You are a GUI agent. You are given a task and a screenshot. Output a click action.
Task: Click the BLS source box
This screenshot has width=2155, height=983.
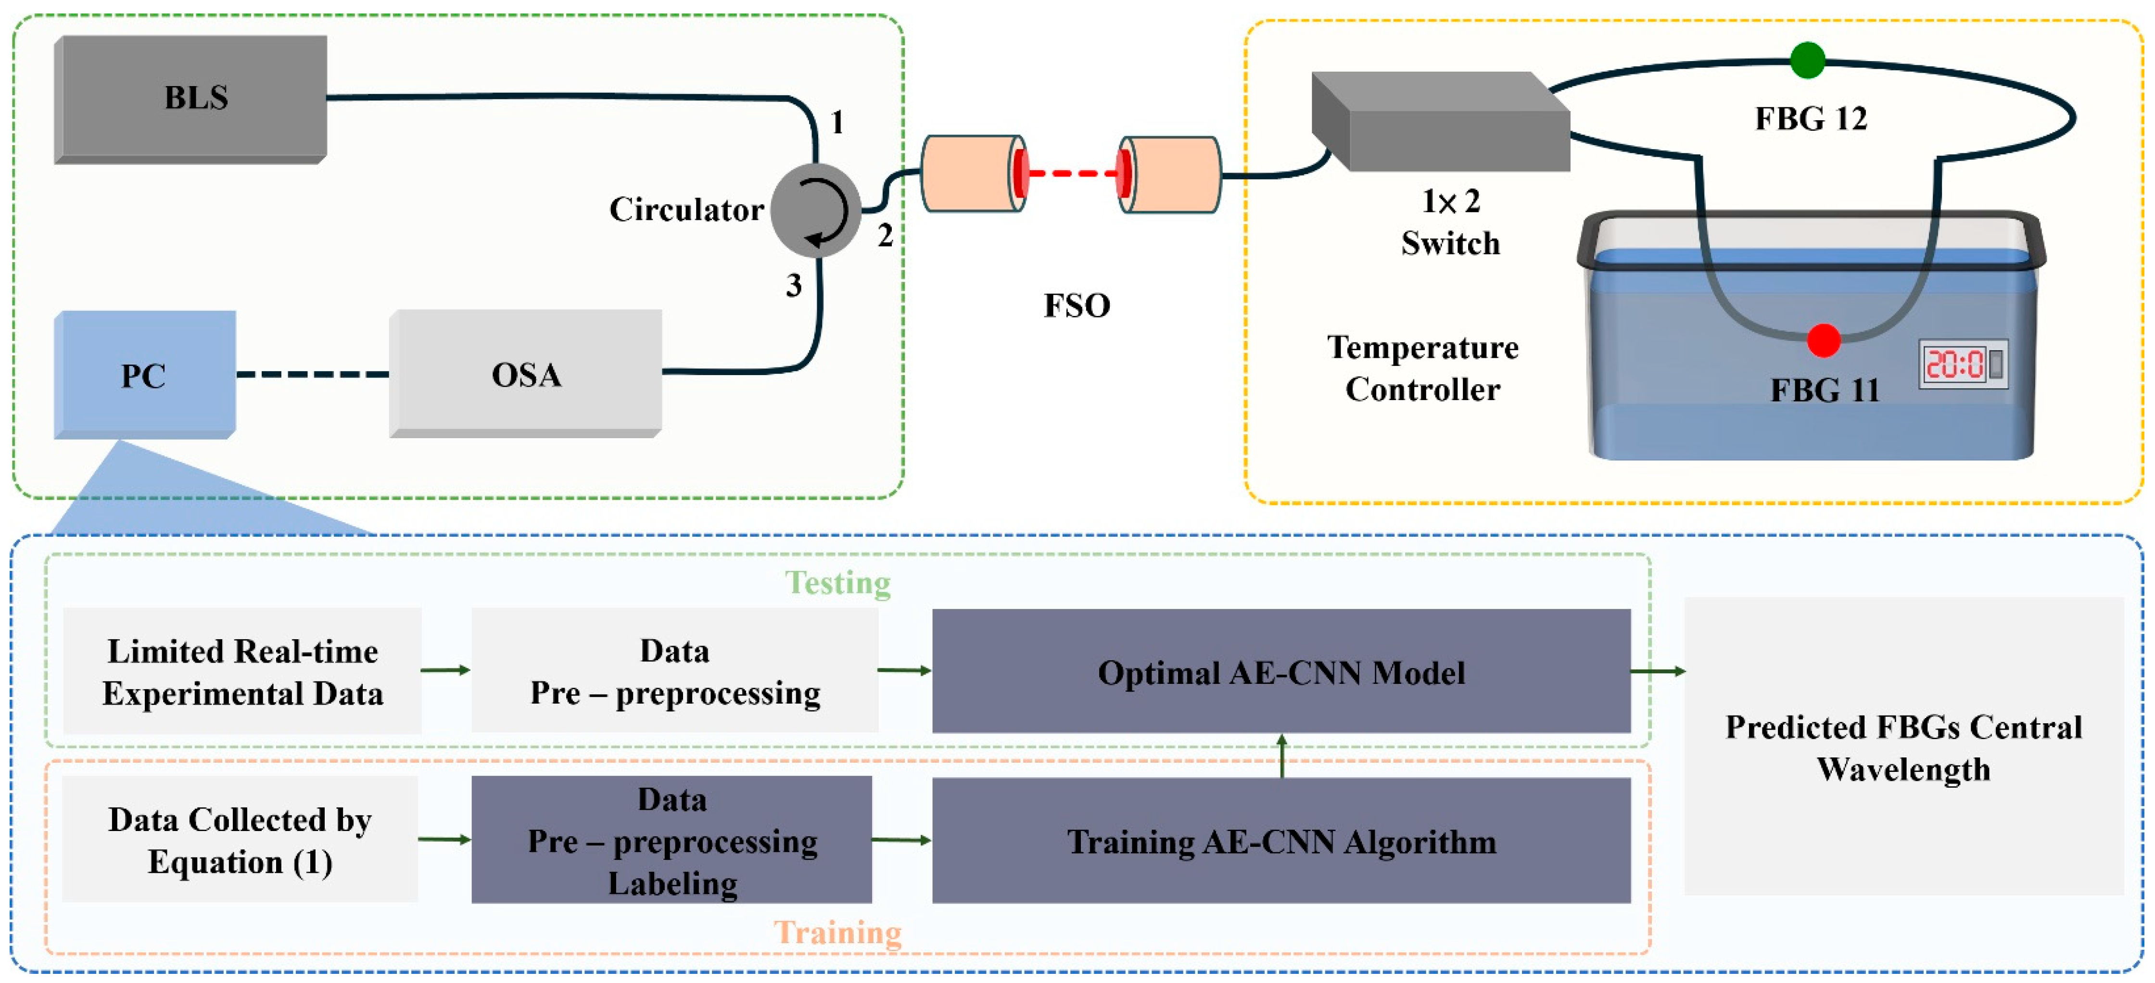coord(191,98)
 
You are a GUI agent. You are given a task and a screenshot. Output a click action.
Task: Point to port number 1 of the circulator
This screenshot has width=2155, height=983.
coord(837,123)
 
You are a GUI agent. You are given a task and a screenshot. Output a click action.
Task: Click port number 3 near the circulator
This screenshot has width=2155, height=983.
coord(793,286)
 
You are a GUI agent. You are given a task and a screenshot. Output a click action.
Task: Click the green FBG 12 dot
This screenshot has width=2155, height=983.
coord(1807,60)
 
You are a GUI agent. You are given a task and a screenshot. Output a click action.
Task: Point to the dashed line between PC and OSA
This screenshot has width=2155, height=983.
coord(312,374)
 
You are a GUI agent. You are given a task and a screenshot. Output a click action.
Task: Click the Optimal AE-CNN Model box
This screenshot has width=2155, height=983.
coord(1281,672)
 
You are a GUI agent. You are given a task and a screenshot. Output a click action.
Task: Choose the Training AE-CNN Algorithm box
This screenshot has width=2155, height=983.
coord(1281,841)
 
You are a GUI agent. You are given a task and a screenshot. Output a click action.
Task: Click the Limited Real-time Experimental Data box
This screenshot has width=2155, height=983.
coord(242,672)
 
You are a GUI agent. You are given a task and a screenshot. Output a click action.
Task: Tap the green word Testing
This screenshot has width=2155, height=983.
coord(837,582)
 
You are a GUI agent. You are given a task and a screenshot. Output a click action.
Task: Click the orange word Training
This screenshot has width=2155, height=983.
coord(837,932)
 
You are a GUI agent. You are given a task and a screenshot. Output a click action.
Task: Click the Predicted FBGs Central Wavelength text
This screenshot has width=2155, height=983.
coord(1903,747)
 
